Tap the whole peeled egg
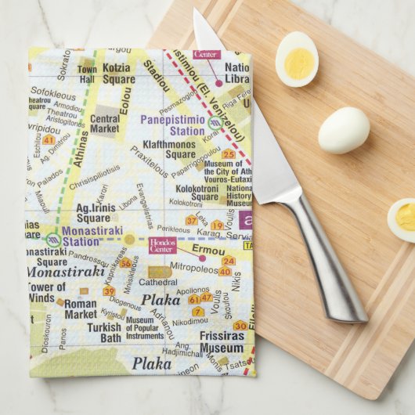344,129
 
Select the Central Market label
105,124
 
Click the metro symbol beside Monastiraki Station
53,239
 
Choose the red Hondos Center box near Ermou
163,246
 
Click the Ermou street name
207,250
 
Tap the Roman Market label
81,309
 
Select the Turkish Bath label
104,332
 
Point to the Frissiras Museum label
221,342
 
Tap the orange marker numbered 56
125,263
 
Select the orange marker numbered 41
49,139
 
